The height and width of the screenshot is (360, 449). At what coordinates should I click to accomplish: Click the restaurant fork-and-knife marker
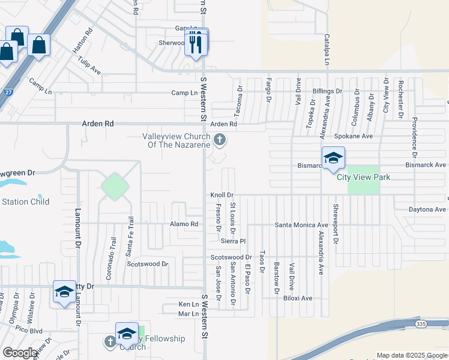(x=196, y=43)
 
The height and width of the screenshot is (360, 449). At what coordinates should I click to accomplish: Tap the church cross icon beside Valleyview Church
(x=220, y=140)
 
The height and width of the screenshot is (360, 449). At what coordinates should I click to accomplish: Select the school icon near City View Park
(x=333, y=159)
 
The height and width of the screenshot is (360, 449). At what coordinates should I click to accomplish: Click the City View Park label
(x=363, y=177)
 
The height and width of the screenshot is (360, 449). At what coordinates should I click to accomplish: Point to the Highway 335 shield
(x=421, y=324)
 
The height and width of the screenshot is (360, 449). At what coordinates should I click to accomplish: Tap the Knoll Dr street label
(x=221, y=195)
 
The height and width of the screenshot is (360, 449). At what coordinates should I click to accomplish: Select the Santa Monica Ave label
(x=301, y=225)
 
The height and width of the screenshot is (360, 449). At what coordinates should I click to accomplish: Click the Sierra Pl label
(x=234, y=241)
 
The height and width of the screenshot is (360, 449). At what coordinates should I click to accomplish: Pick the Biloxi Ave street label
(x=298, y=298)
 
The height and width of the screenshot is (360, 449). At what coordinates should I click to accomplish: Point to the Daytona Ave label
(x=427, y=209)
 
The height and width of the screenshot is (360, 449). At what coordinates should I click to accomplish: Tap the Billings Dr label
(x=327, y=91)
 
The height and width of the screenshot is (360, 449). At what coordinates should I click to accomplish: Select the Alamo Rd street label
(x=184, y=224)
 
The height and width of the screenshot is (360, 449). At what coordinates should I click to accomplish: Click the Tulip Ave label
(x=89, y=65)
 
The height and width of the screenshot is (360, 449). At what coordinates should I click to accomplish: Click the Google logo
(x=20, y=353)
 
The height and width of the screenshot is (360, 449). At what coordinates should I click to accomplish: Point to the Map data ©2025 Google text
(x=412, y=356)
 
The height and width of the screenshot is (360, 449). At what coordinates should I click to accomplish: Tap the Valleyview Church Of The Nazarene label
(x=176, y=140)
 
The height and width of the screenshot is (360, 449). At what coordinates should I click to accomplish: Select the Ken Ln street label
(x=188, y=305)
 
